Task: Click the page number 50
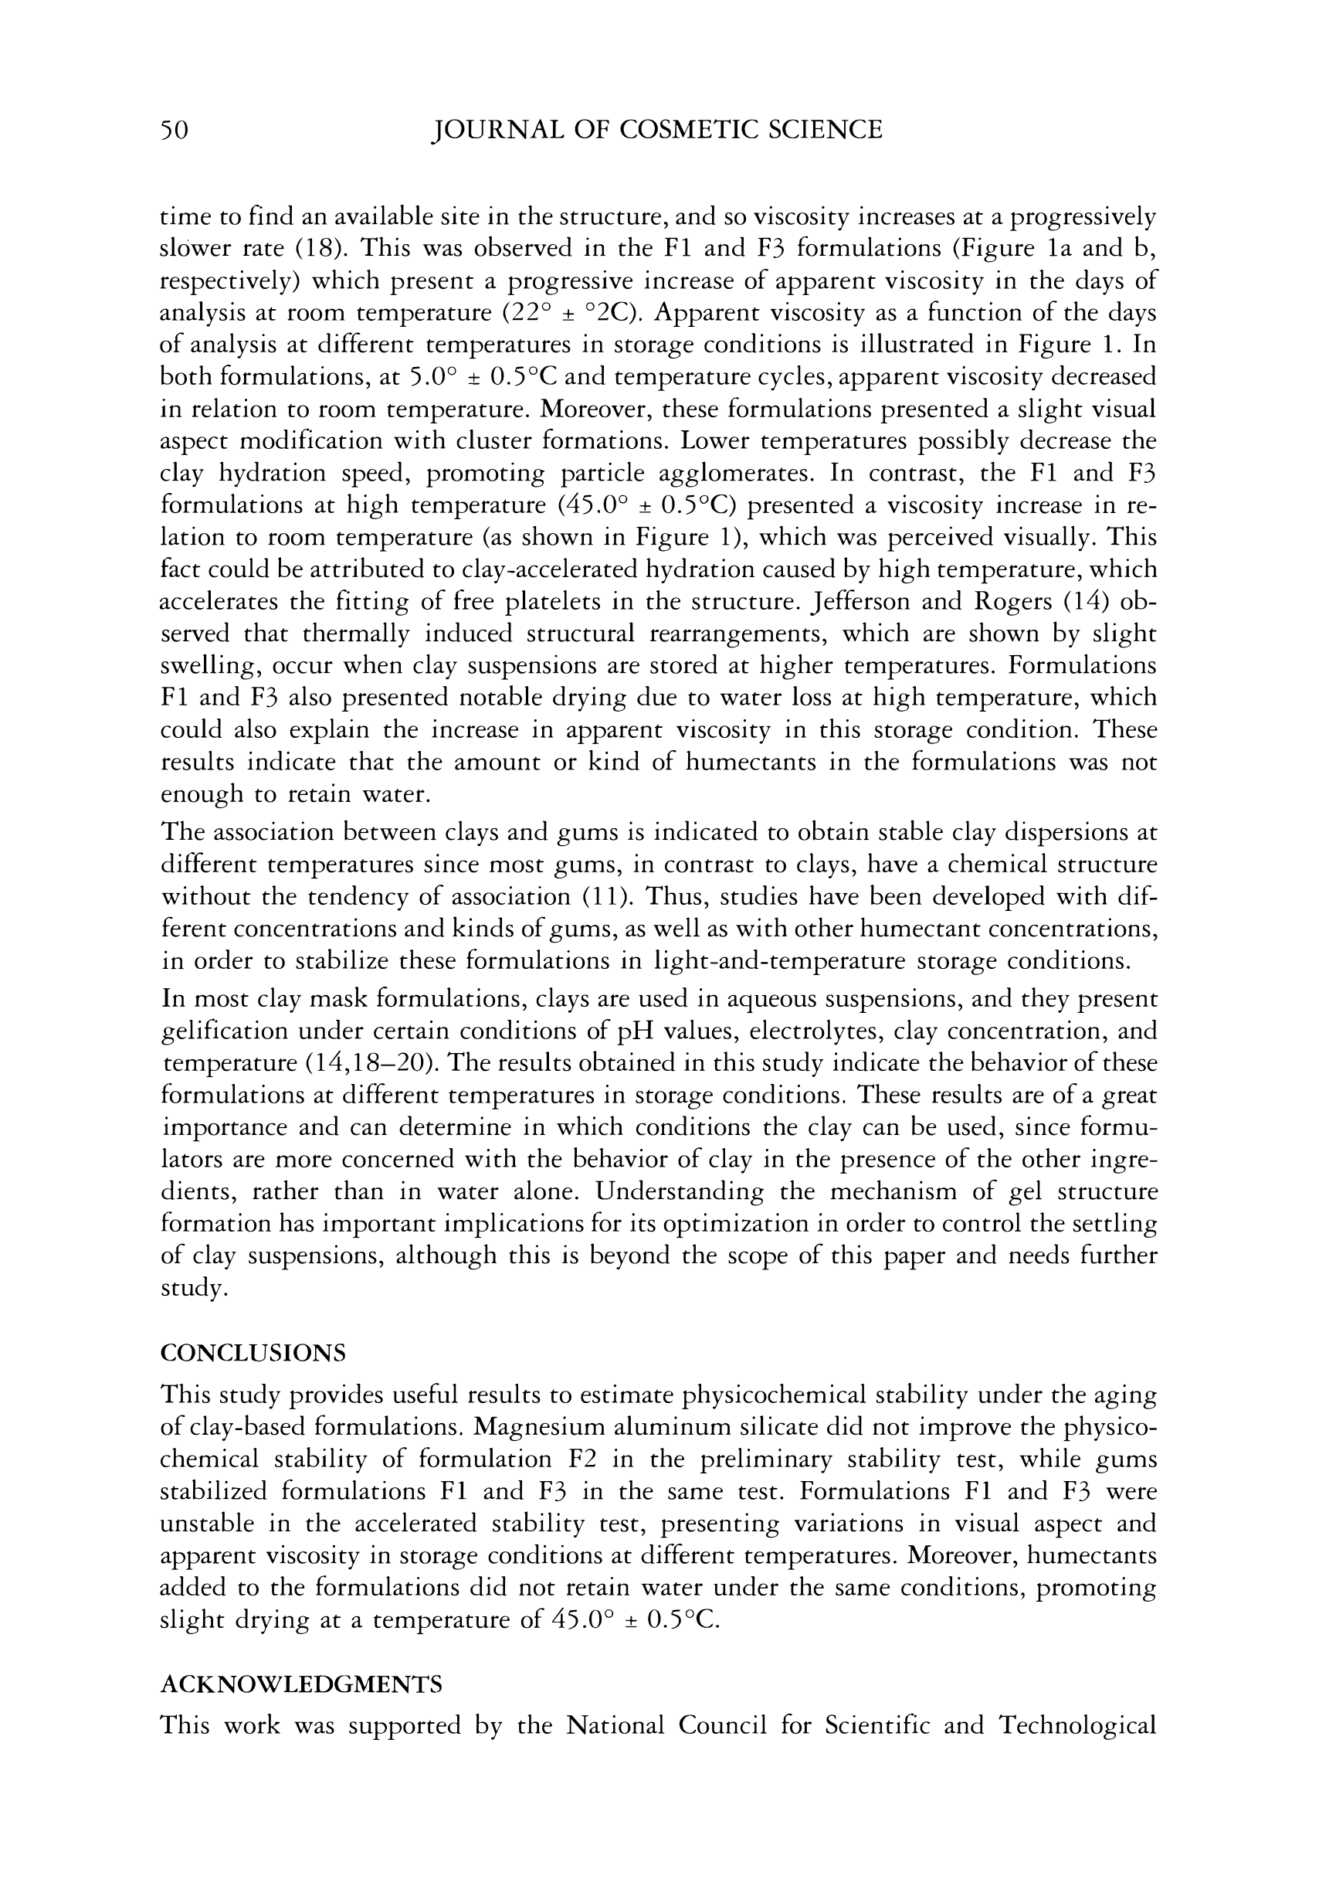click(x=175, y=130)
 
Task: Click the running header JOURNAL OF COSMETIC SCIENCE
click(x=657, y=130)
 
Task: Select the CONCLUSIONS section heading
click(x=253, y=1353)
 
